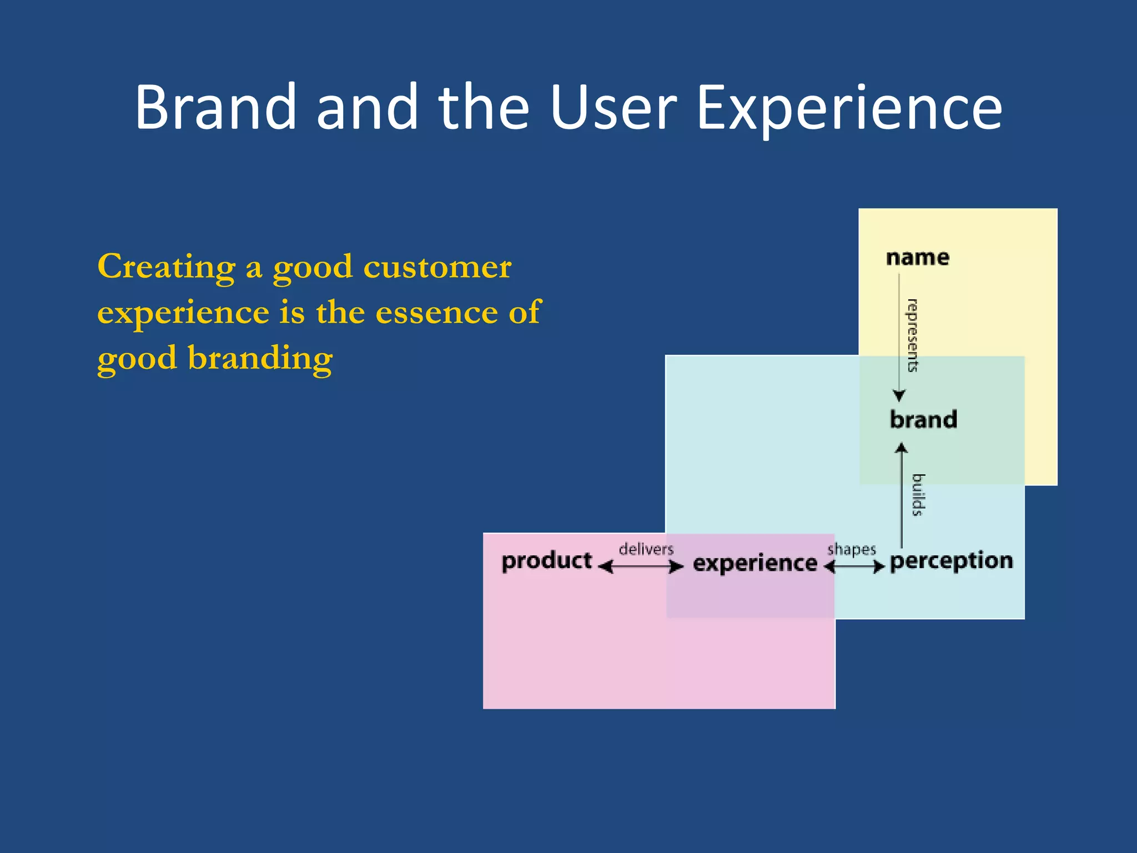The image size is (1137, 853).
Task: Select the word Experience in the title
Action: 849,108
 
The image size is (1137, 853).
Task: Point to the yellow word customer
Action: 437,268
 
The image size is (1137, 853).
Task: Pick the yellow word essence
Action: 436,312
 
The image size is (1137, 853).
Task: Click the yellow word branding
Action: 260,358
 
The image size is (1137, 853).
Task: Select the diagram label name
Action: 918,258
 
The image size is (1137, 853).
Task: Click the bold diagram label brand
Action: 923,420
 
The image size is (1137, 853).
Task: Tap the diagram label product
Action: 547,561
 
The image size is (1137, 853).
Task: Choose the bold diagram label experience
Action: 755,563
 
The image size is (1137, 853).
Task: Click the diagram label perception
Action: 951,561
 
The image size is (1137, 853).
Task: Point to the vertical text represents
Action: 912,335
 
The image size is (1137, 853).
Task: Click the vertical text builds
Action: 918,495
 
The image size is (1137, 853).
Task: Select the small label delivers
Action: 646,549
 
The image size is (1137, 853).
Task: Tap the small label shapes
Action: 851,549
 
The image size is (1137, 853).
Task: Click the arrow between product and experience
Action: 641,566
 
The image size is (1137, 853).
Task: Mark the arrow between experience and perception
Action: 854,566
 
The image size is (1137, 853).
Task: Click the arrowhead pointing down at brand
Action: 899,395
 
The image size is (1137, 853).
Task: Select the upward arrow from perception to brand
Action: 902,494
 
